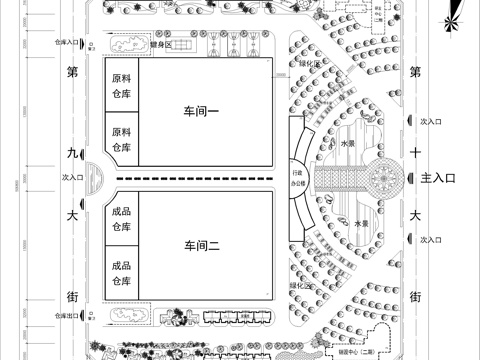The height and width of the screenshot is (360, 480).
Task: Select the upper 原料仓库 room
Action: [x=121, y=85]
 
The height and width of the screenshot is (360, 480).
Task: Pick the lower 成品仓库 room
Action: [x=121, y=273]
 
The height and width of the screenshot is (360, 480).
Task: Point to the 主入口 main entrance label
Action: [x=439, y=177]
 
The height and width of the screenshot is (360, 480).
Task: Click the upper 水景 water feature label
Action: [x=348, y=143]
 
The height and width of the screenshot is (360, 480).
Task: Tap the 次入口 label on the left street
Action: [x=70, y=177]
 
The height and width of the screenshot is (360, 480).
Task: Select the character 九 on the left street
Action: [x=71, y=153]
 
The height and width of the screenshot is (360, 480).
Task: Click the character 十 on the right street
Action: [x=415, y=153]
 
